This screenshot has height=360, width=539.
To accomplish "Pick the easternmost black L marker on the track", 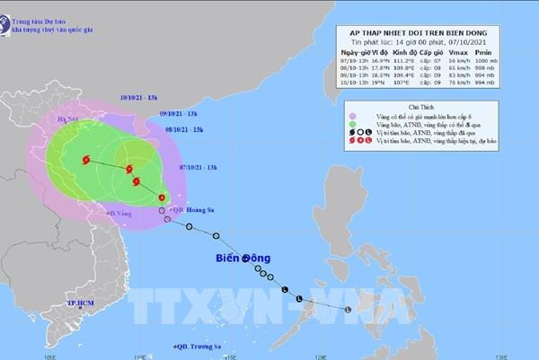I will coord(349,310).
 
